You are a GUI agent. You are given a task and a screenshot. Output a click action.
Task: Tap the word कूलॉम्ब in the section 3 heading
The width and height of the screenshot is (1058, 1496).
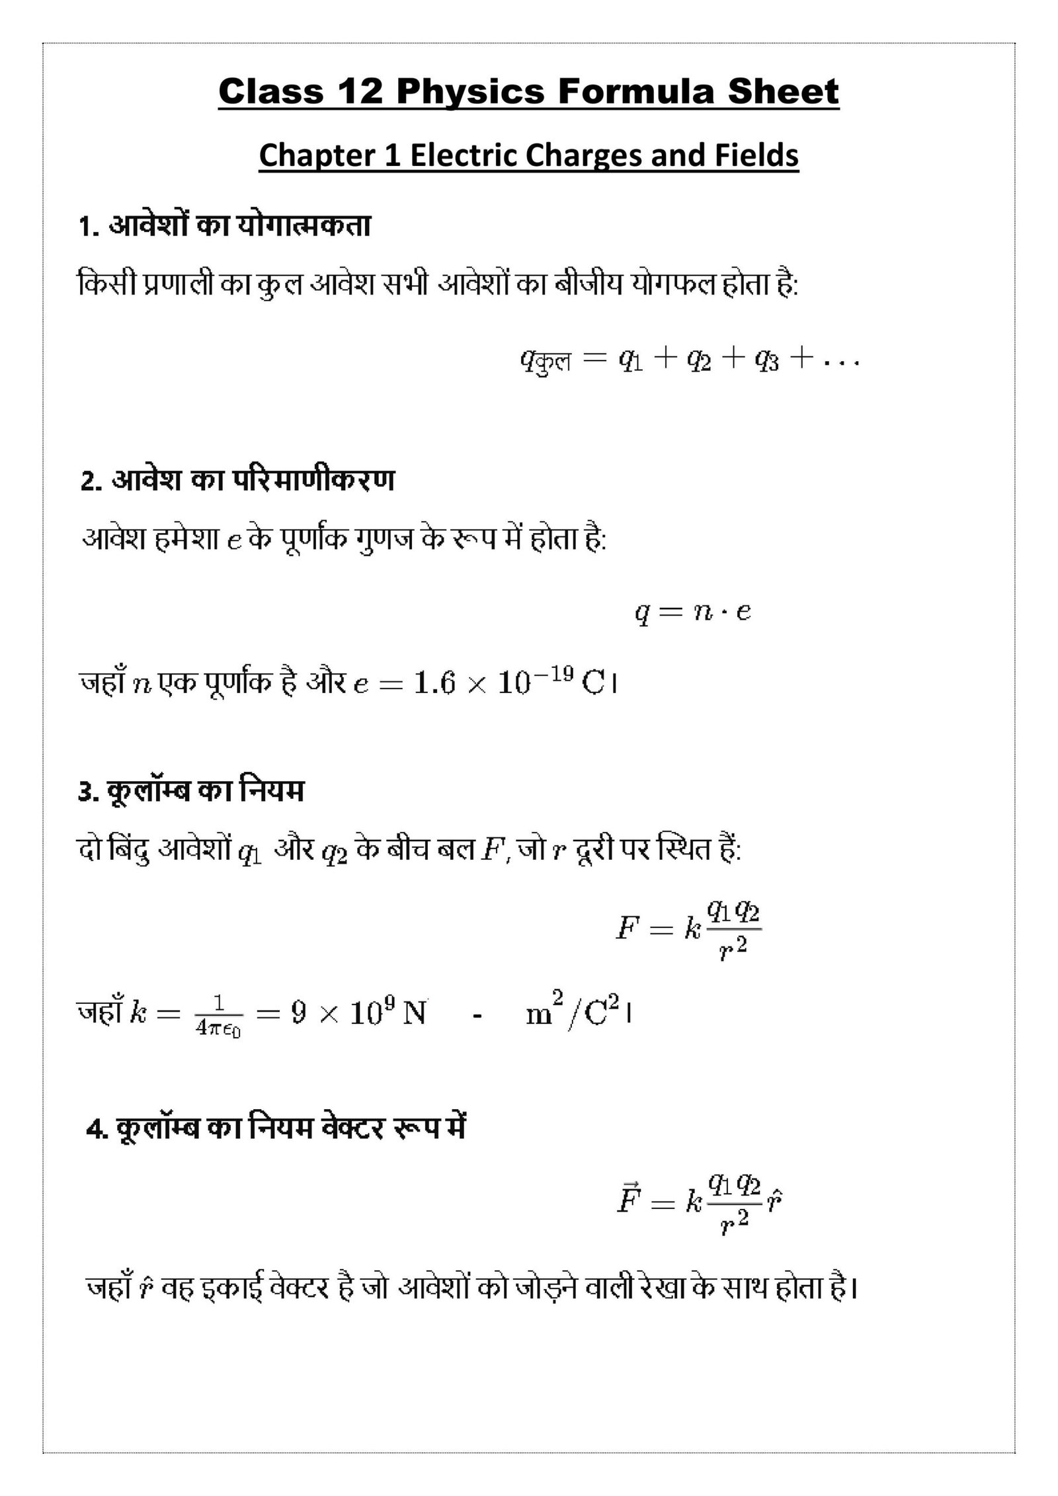148,792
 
